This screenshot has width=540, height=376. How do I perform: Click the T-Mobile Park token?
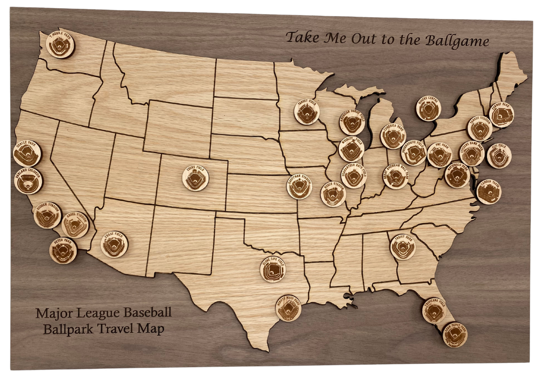click(60, 45)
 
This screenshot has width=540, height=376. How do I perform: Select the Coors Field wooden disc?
click(195, 178)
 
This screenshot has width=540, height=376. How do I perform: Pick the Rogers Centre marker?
click(428, 109)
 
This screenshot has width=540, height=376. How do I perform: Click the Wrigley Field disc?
click(351, 149)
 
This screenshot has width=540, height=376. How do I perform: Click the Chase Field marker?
click(114, 245)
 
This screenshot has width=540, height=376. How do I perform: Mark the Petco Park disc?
click(63, 250)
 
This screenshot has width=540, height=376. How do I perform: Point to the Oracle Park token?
click(27, 153)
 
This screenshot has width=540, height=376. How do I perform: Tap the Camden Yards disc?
click(489, 191)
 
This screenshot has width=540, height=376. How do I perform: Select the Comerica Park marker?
click(393, 136)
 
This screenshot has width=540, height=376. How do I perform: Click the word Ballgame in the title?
click(456, 41)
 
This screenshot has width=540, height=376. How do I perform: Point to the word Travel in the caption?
click(118, 328)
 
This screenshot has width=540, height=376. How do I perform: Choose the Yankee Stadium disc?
click(479, 128)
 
